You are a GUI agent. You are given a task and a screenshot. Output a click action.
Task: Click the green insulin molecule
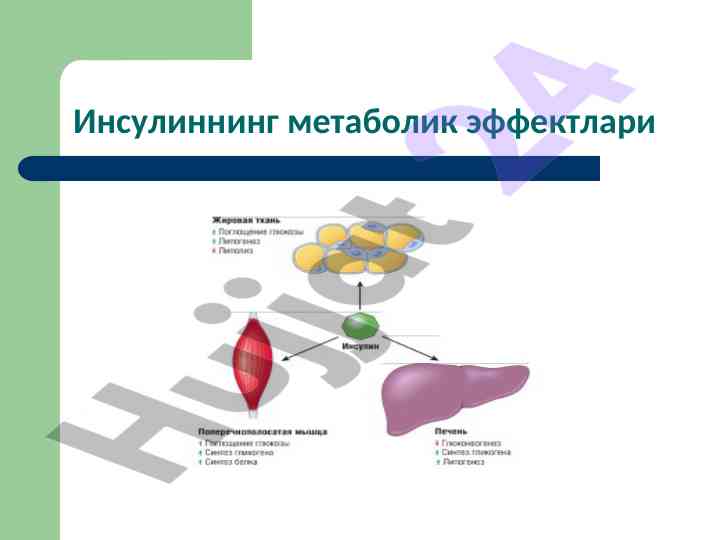coord(360,325)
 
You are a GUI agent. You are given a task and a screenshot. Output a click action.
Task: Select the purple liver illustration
coord(454,396)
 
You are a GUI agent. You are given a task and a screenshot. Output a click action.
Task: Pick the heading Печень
coord(451,431)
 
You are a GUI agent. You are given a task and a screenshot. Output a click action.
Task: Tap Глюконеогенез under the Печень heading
coord(466,442)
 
